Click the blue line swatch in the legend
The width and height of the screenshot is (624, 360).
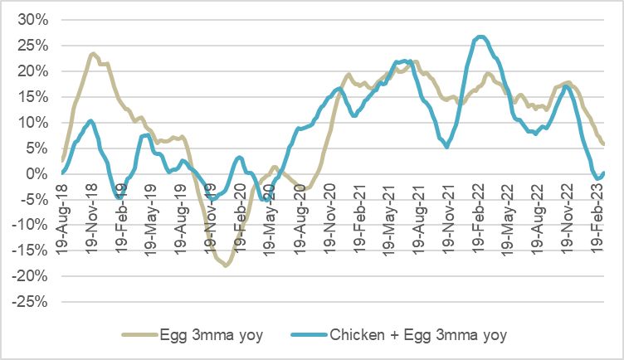click(x=310, y=335)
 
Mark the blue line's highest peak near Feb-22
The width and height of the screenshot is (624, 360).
click(x=481, y=36)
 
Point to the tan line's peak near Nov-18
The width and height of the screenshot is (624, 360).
click(x=93, y=54)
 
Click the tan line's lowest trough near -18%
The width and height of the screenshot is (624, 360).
click(x=225, y=265)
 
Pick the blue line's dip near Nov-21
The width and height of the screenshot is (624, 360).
click(x=447, y=147)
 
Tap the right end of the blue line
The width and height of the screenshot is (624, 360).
click(x=603, y=173)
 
